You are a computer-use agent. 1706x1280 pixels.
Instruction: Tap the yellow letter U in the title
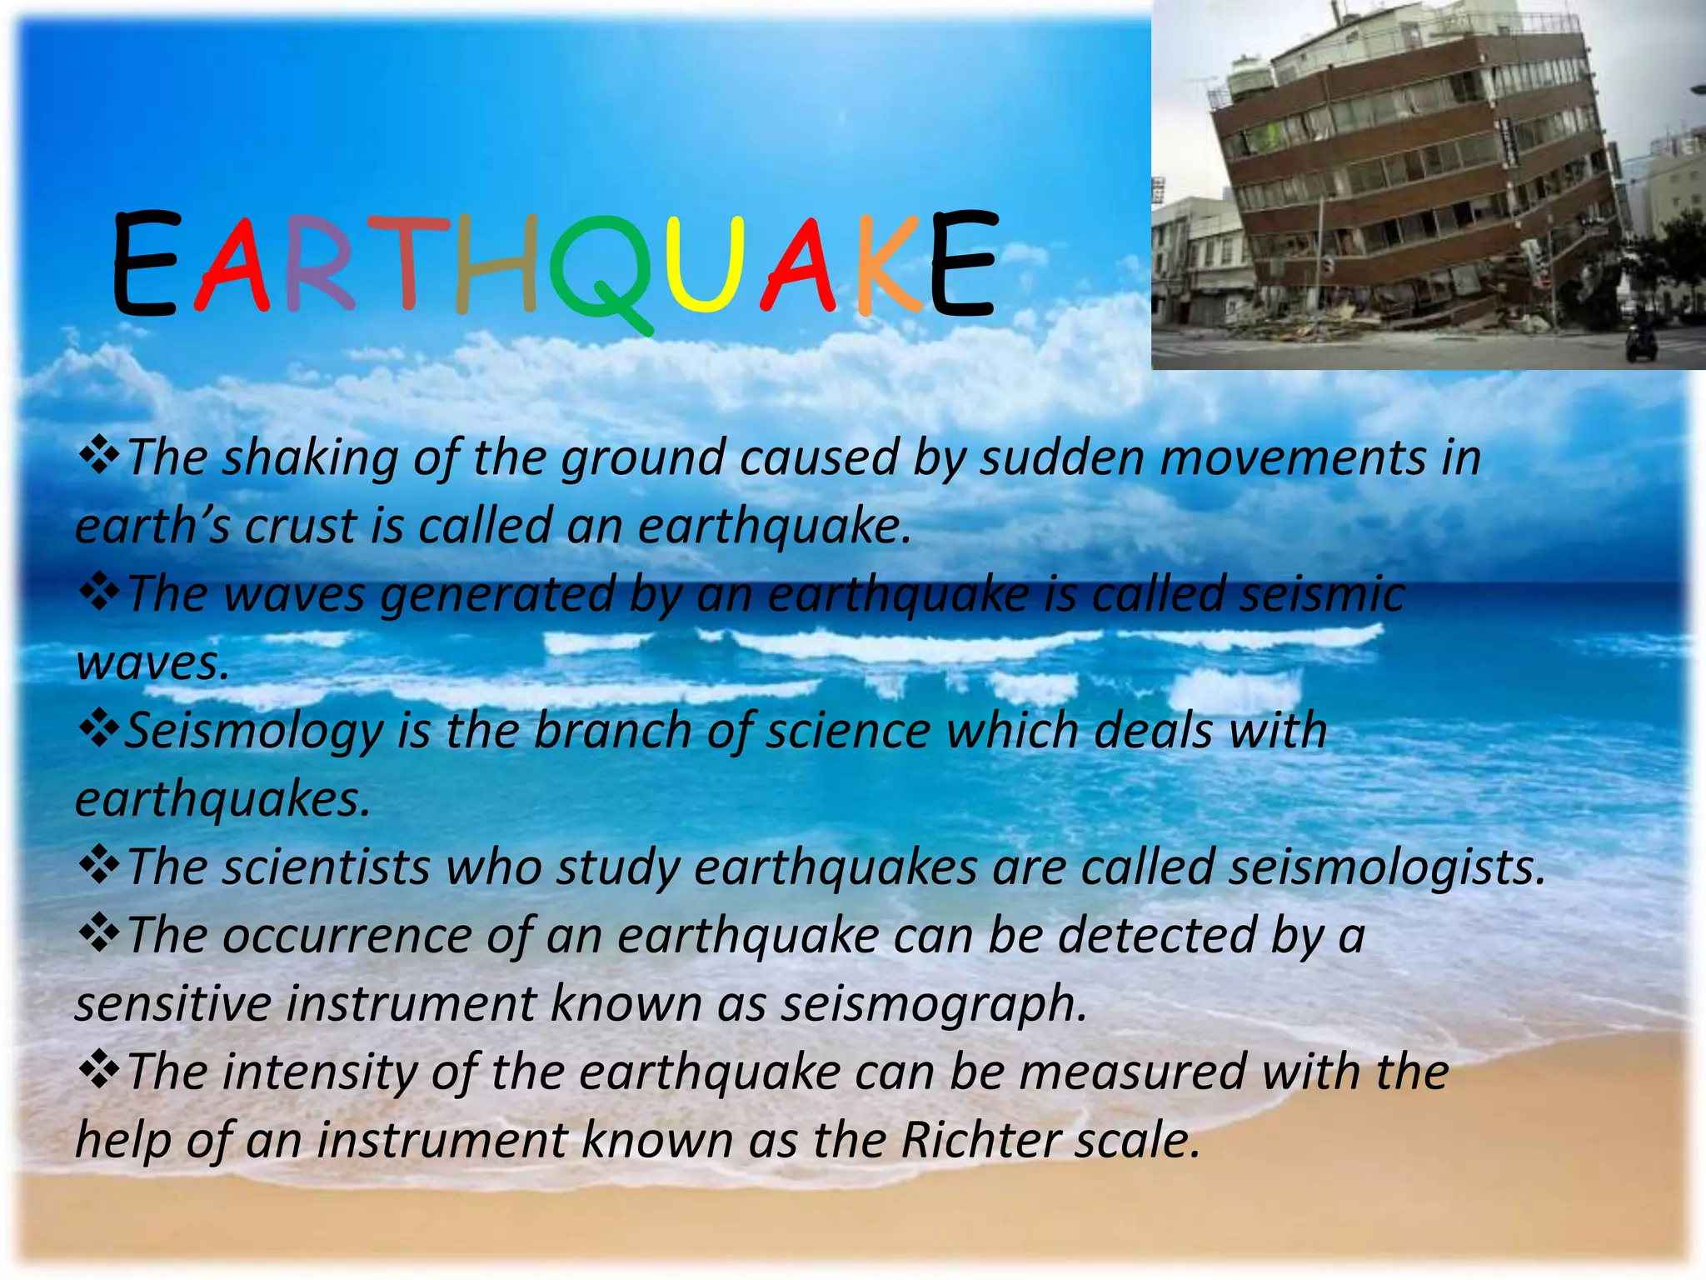[x=704, y=263]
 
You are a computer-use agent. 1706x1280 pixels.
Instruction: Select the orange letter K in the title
[x=888, y=263]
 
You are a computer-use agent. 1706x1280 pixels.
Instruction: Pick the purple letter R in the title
[x=319, y=263]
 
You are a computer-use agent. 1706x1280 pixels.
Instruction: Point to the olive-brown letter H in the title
[x=495, y=263]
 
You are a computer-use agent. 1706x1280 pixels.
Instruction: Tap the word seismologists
[x=1387, y=867]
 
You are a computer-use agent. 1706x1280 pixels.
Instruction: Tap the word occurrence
[x=347, y=936]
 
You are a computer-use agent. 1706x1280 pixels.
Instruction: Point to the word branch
[x=612, y=731]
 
